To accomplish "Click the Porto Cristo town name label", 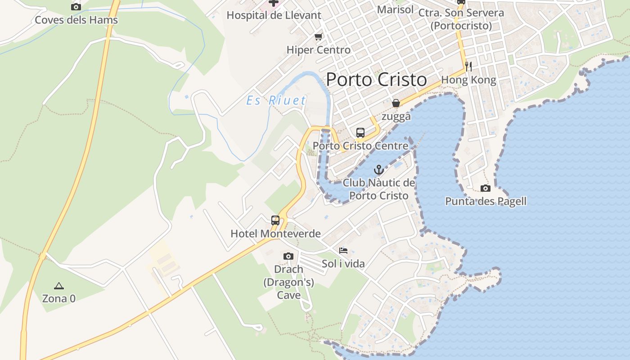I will pyautogui.click(x=376, y=80).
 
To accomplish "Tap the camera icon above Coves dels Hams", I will pyautogui.click(x=76, y=7).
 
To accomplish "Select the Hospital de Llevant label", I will pyautogui.click(x=274, y=15).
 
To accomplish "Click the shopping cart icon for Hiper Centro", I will pyautogui.click(x=319, y=36).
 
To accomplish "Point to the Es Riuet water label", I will pyautogui.click(x=276, y=100).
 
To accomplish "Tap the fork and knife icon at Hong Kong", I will pyautogui.click(x=468, y=67).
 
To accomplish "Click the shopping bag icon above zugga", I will pyautogui.click(x=396, y=103).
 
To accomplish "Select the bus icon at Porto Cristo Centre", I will pyautogui.click(x=360, y=132).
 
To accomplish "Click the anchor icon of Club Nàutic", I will pyautogui.click(x=379, y=170).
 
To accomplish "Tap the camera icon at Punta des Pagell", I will pyautogui.click(x=486, y=188).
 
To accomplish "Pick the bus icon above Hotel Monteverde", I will pyautogui.click(x=275, y=220).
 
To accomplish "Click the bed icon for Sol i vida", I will pyautogui.click(x=343, y=250).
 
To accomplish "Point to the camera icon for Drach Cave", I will pyautogui.click(x=288, y=256).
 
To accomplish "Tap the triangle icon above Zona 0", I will pyautogui.click(x=58, y=285).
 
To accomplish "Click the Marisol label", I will pyautogui.click(x=395, y=9).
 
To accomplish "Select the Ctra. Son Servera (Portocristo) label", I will pyautogui.click(x=461, y=19).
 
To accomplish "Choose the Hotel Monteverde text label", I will pyautogui.click(x=275, y=234).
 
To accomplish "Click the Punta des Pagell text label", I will pyautogui.click(x=486, y=201).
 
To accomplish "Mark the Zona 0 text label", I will pyautogui.click(x=58, y=298).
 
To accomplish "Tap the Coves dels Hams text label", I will pyautogui.click(x=76, y=20).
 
